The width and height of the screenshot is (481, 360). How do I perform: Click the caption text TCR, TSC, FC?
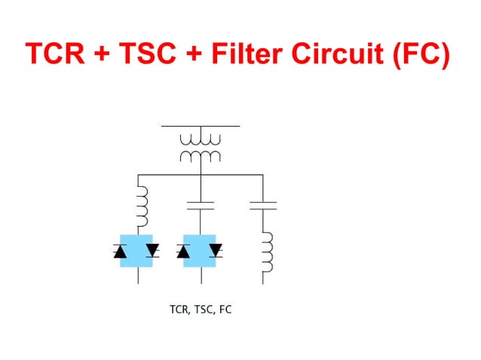pyautogui.click(x=201, y=309)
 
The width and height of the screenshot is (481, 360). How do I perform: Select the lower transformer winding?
pyautogui.click(x=200, y=157)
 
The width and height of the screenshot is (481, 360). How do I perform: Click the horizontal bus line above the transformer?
pyautogui.click(x=200, y=126)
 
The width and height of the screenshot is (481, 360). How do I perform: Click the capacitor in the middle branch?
pyautogui.click(x=200, y=204)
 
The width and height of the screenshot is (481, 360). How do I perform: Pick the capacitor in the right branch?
pyautogui.click(x=263, y=204)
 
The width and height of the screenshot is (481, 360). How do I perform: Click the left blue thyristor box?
pyautogui.click(x=137, y=251)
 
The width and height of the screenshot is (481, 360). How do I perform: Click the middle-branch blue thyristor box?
pyautogui.click(x=201, y=251)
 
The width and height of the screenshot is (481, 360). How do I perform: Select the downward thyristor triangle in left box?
pyautogui.click(x=153, y=249)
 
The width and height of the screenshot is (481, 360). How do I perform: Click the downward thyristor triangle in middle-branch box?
pyautogui.click(x=216, y=249)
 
